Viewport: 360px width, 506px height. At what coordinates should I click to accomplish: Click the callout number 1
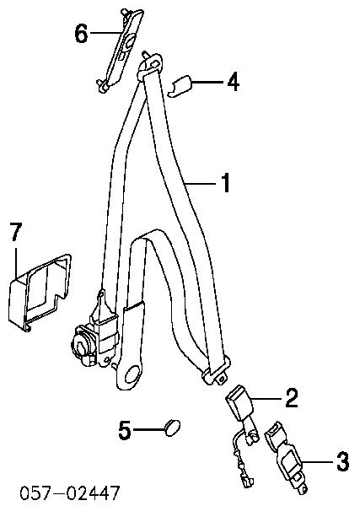(x=226, y=183)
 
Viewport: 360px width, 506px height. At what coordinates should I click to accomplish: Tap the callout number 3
(x=342, y=462)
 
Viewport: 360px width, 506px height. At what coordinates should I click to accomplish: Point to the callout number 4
(x=233, y=82)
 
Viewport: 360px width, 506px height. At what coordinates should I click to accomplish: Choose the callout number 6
(x=81, y=33)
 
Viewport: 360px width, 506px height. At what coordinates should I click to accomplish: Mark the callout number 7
(x=16, y=232)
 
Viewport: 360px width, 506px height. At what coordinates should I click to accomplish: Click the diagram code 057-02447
(x=70, y=493)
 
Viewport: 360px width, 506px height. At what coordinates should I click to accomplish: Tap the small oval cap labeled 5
(x=173, y=427)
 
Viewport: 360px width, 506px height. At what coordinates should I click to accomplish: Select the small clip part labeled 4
(x=180, y=86)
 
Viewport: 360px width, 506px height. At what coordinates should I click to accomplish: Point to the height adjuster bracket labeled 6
(x=121, y=50)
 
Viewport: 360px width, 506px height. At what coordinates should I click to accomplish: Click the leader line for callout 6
(x=105, y=33)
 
